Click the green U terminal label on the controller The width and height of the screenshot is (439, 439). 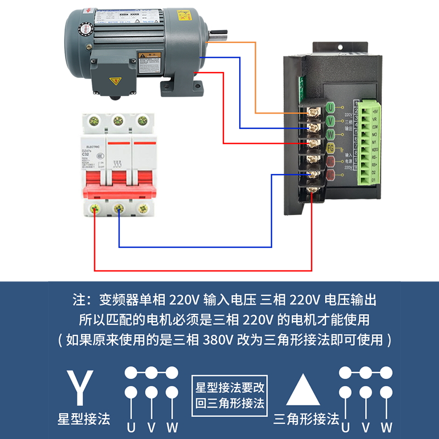pyautogui.click(x=330, y=107)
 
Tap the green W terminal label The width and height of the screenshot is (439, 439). pyautogui.click(x=330, y=134)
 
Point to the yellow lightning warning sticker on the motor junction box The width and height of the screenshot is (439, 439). pyautogui.click(x=115, y=82)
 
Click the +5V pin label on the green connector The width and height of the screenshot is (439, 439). pyautogui.click(x=374, y=110)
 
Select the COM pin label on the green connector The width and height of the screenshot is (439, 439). pyautogui.click(x=374, y=126)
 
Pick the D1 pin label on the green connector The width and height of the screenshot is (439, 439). pyautogui.click(x=374, y=179)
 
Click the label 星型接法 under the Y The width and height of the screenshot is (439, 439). pyautogui.click(x=83, y=420)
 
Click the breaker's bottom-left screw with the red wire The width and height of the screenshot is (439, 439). pyautogui.click(x=95, y=209)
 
